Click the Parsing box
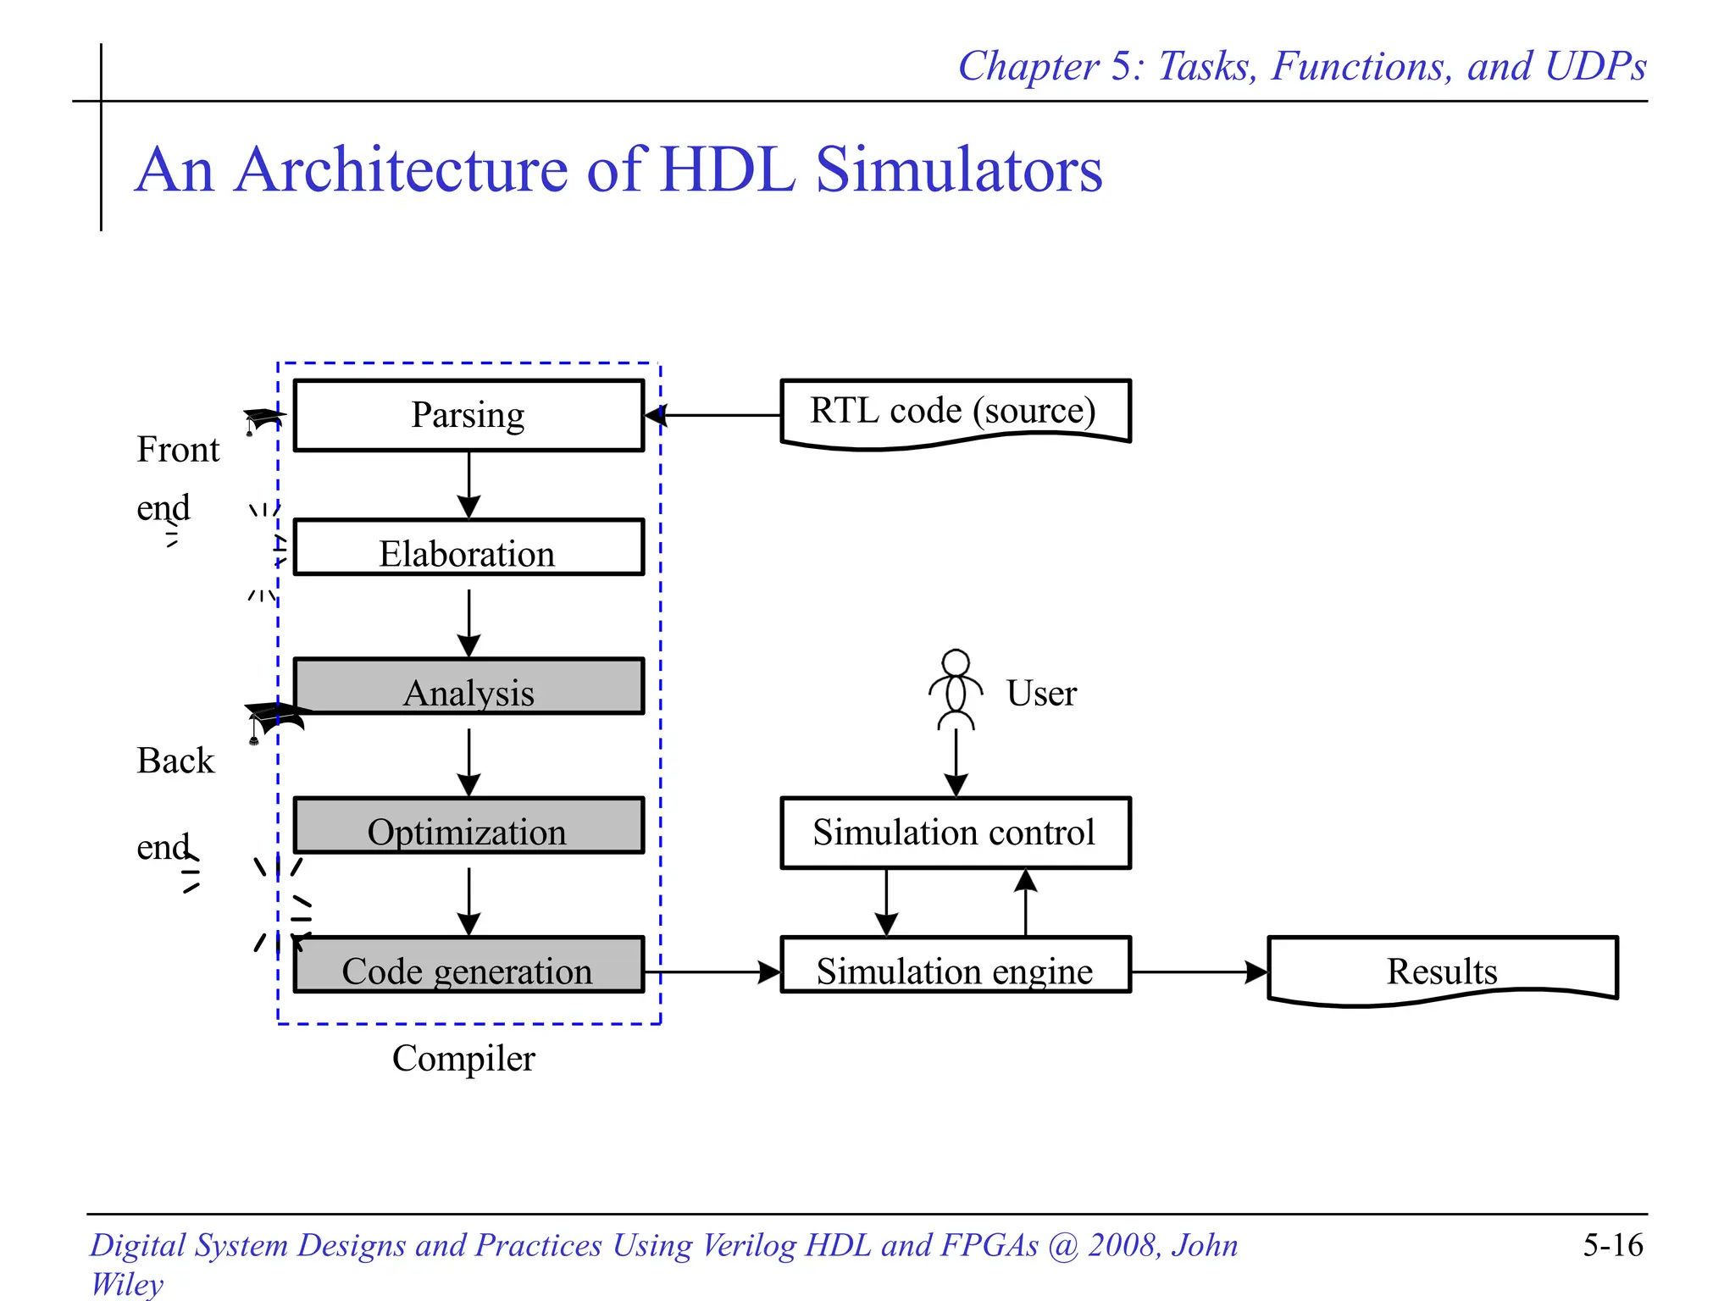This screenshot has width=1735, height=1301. (468, 415)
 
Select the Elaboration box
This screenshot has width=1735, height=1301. (468, 548)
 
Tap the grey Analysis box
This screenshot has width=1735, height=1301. (468, 687)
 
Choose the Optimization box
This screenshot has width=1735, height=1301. (468, 826)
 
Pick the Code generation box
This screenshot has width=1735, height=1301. (468, 965)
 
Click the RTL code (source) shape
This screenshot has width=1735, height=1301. (955, 412)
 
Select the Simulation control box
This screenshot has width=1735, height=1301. (955, 833)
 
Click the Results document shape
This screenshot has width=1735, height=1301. (1442, 970)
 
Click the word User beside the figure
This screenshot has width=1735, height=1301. (1041, 694)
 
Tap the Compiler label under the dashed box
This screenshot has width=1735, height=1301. (463, 1059)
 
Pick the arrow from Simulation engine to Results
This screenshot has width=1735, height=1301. (1199, 972)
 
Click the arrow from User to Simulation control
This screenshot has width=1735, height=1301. (956, 762)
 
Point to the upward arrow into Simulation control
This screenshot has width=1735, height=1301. (1026, 902)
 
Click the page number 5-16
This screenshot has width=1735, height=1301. (1612, 1245)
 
